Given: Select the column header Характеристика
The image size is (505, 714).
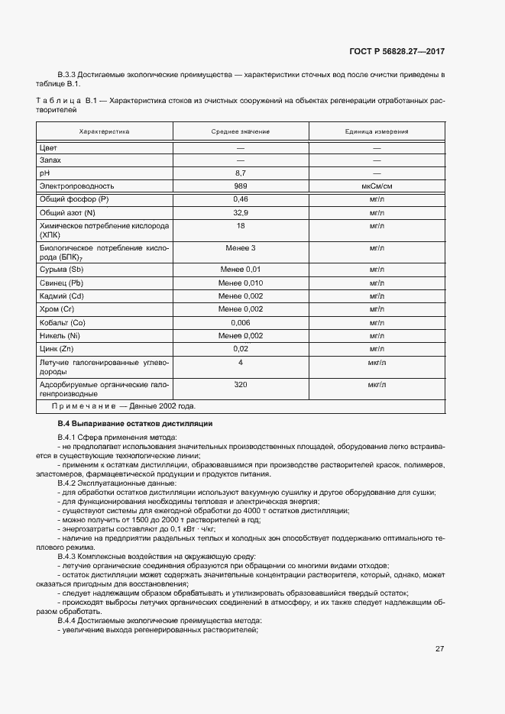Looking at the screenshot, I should [105, 131].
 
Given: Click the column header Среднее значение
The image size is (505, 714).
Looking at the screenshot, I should [240, 131].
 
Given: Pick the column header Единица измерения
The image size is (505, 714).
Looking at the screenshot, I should [376, 131].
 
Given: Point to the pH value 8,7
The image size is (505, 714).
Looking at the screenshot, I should [240, 173].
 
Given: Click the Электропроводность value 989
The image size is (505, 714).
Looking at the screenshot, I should [240, 186].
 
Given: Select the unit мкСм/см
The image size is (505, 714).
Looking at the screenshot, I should [376, 186].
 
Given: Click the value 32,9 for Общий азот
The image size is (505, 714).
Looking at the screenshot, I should [240, 212].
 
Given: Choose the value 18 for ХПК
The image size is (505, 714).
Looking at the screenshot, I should [240, 226].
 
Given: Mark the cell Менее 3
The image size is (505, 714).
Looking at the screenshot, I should [240, 248].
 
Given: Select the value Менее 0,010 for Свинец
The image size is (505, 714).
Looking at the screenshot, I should [240, 283].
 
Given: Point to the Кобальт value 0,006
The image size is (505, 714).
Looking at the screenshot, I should [240, 322].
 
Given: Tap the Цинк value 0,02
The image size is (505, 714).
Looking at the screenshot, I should [240, 348].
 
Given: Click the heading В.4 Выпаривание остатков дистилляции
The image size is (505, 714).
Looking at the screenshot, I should [135, 423].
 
